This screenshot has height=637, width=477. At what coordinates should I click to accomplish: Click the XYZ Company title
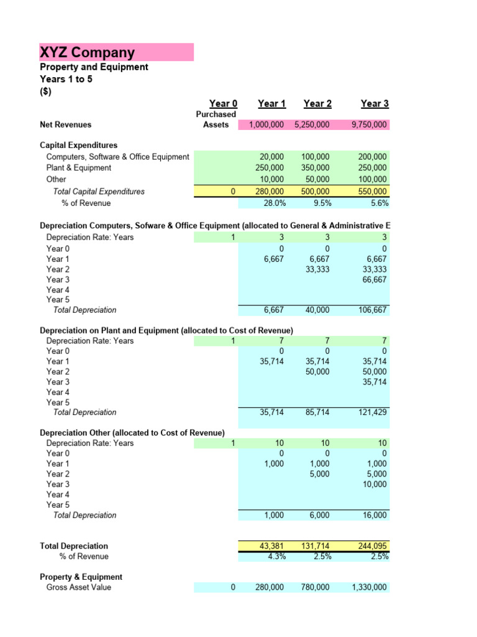[x=88, y=52]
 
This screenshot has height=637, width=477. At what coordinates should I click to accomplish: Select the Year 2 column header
[x=317, y=104]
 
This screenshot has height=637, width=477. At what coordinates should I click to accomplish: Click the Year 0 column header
[x=223, y=104]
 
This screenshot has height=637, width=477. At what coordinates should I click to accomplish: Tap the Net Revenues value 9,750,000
[x=369, y=125]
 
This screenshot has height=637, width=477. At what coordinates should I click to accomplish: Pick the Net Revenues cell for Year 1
[x=266, y=125]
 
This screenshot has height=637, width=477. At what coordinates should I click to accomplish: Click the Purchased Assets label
[x=216, y=119]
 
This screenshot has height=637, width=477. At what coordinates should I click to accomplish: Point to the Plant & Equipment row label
[x=79, y=168]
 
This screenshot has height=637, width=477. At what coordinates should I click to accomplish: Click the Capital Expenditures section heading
[x=78, y=146]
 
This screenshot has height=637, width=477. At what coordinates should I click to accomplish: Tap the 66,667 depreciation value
[x=374, y=280]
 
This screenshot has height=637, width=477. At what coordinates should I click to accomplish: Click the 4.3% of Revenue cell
[x=274, y=557]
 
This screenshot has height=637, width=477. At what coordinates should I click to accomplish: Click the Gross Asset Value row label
[x=79, y=587]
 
